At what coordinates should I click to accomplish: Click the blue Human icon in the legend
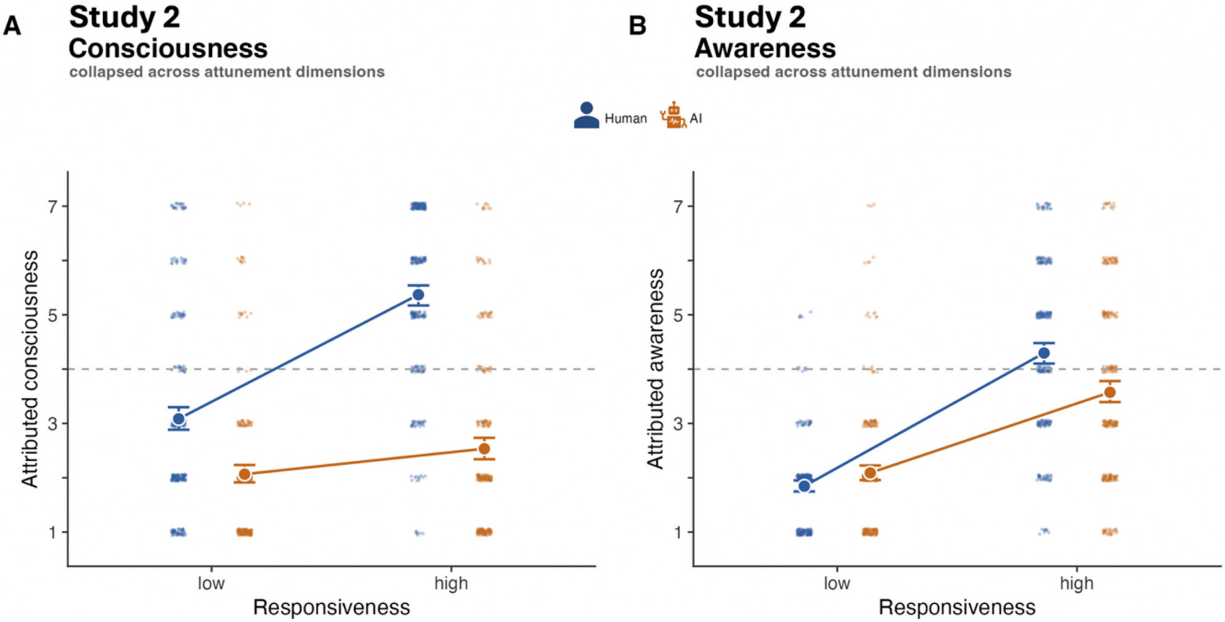click(x=587, y=115)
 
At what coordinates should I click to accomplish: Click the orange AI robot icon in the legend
click(x=674, y=115)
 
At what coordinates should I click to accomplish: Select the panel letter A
click(x=12, y=26)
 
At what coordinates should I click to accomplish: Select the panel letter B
click(x=638, y=26)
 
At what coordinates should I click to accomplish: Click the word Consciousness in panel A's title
click(x=168, y=49)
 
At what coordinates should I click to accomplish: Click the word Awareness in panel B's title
click(x=765, y=49)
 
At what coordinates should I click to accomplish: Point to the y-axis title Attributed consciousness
click(x=30, y=368)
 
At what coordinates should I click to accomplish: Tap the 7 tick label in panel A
click(x=53, y=207)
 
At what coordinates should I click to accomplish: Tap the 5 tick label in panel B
click(x=679, y=315)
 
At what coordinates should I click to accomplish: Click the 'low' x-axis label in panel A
click(x=211, y=584)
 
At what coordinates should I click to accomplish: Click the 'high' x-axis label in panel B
click(x=1077, y=584)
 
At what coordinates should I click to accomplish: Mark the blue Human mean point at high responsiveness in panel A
click(x=419, y=295)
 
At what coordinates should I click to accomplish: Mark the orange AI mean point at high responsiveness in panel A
click(x=484, y=448)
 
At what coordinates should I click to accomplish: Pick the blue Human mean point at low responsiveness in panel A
click(x=179, y=419)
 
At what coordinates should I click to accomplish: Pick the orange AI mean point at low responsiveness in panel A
click(x=244, y=474)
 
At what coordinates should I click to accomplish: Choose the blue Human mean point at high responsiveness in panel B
click(x=1044, y=353)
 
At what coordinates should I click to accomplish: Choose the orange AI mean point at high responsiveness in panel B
click(x=1110, y=392)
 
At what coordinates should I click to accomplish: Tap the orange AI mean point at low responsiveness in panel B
click(x=870, y=473)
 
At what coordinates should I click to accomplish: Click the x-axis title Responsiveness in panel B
click(x=957, y=608)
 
